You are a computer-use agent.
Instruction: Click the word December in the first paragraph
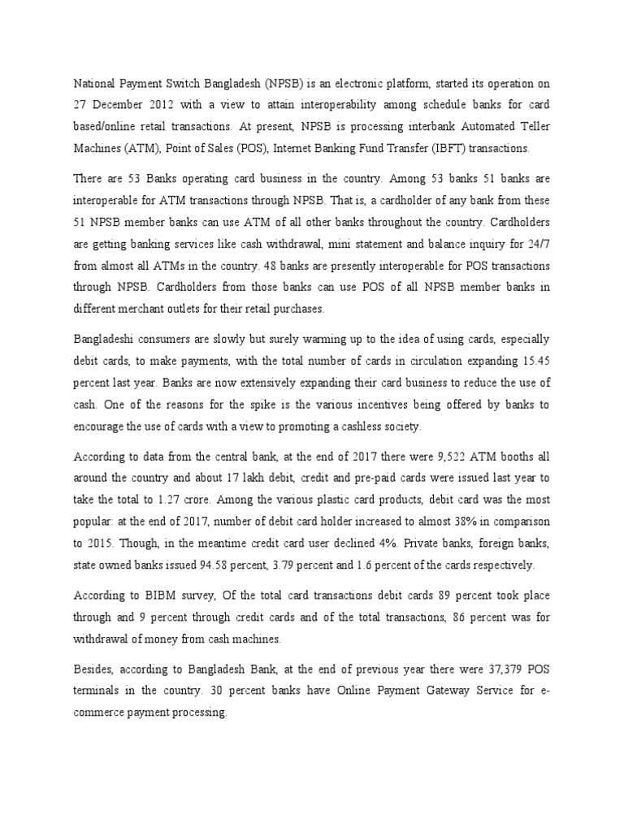click(x=120, y=104)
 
